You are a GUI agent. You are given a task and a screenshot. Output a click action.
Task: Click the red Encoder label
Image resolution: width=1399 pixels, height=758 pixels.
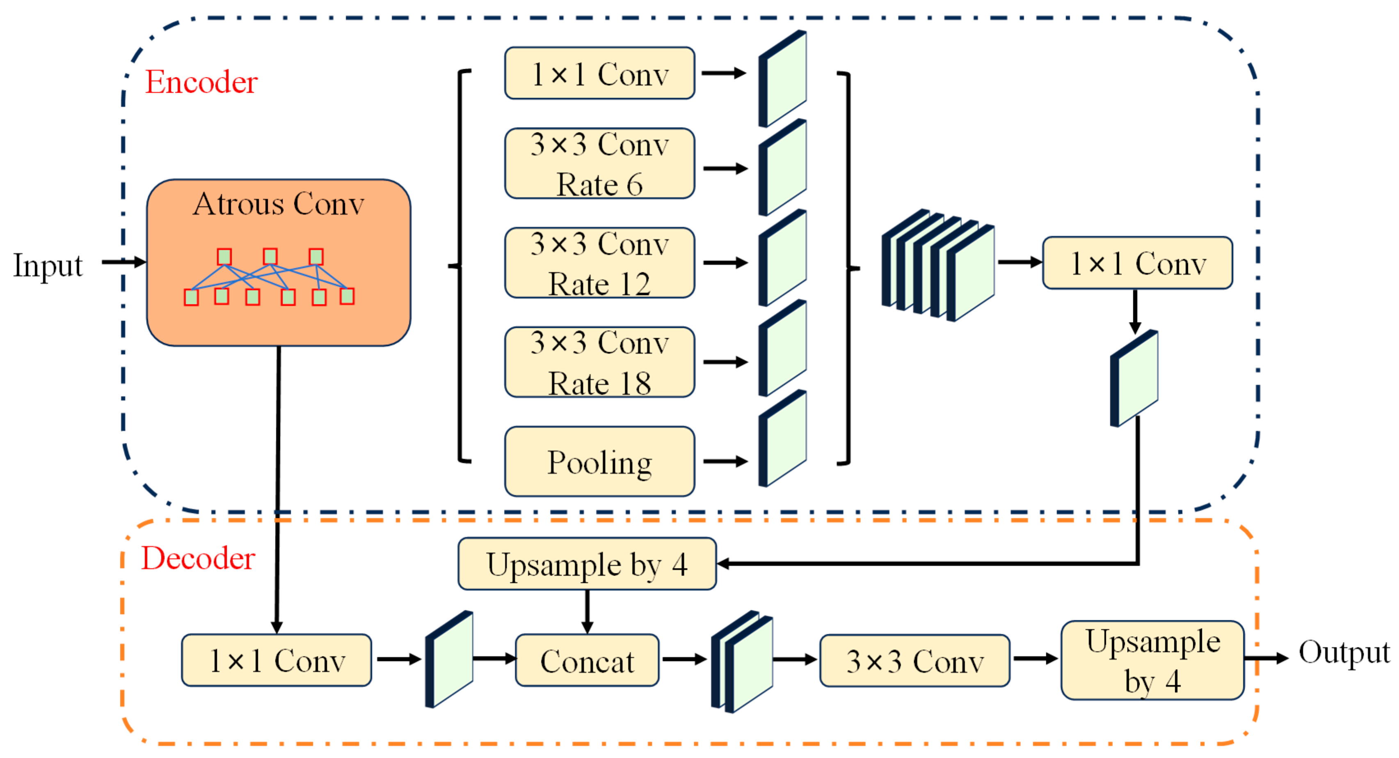point(201,83)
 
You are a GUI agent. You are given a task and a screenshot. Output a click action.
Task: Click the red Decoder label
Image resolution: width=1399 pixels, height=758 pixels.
point(198,558)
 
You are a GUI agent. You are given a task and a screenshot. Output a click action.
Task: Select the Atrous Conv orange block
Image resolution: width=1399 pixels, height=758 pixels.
point(279,262)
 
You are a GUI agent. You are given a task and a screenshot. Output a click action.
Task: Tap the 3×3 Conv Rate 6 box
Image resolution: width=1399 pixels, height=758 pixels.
point(599,163)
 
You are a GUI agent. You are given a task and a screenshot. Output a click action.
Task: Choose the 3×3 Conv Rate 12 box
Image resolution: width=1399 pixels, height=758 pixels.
point(599,263)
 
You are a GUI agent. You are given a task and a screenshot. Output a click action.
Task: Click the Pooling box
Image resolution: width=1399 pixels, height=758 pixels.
point(599,462)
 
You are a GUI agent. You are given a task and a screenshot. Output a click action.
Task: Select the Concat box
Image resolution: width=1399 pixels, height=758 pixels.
point(587,661)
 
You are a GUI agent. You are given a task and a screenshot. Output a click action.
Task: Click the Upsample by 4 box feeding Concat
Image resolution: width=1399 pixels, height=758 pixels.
point(587,564)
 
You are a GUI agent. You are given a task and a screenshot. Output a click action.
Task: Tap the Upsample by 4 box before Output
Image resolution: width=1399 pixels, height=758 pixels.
point(1152,661)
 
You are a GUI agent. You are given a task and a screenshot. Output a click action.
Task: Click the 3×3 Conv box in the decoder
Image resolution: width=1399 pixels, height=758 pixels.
point(914,661)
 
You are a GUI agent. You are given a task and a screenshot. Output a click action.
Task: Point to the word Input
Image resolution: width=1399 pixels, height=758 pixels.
point(48,266)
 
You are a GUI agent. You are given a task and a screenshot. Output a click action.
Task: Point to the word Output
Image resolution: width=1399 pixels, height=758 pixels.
point(1344,652)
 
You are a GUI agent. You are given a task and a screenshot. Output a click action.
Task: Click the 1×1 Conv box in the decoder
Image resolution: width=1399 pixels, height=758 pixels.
point(277,661)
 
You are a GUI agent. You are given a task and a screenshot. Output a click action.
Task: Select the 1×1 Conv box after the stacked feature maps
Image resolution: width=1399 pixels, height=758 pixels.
point(1137,263)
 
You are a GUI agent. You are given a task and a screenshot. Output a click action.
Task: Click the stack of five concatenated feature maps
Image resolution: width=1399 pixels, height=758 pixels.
point(938,266)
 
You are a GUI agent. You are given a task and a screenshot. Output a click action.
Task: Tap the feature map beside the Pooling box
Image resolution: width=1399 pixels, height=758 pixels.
point(783,439)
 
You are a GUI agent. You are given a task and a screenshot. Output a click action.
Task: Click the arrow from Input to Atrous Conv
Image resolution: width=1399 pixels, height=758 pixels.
point(124,262)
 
